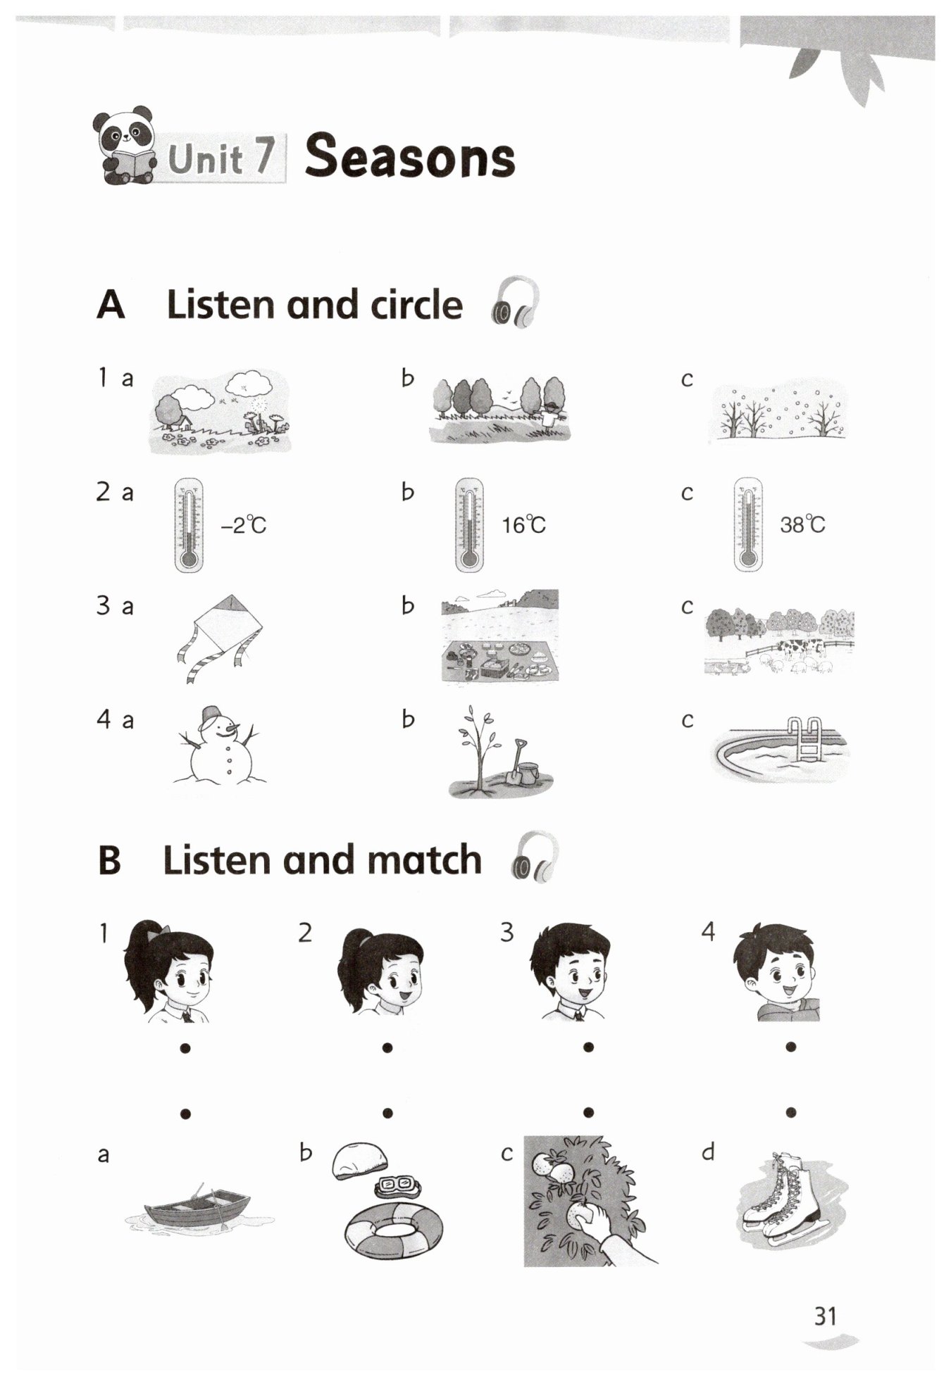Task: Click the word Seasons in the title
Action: pyautogui.click(x=410, y=156)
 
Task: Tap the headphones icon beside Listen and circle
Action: pyautogui.click(x=516, y=302)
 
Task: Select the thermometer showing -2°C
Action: pyautogui.click(x=189, y=524)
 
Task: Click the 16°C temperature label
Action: pyautogui.click(x=523, y=524)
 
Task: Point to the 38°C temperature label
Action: pyautogui.click(x=802, y=524)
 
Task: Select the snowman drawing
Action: pyautogui.click(x=219, y=746)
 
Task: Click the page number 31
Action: pyautogui.click(x=825, y=1316)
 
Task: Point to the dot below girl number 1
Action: pyautogui.click(x=185, y=1048)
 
